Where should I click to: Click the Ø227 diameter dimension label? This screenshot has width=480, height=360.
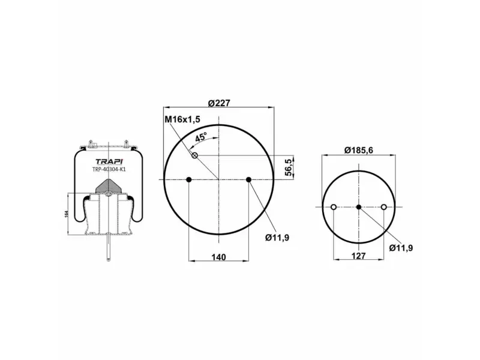point(219,103)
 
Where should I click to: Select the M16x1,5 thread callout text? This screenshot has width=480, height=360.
point(182,119)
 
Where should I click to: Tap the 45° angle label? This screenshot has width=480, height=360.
point(201,137)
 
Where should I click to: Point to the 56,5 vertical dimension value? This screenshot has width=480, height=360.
point(289,167)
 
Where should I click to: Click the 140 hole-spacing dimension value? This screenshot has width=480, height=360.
point(218,257)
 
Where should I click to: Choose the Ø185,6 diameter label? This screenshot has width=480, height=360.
point(359,151)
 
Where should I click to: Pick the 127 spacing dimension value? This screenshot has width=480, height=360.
point(358,256)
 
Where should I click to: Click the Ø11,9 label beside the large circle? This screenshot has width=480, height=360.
point(277,238)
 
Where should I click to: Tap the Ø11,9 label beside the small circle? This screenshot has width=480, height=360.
point(401,248)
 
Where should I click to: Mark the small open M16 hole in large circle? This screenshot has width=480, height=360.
point(194,155)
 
